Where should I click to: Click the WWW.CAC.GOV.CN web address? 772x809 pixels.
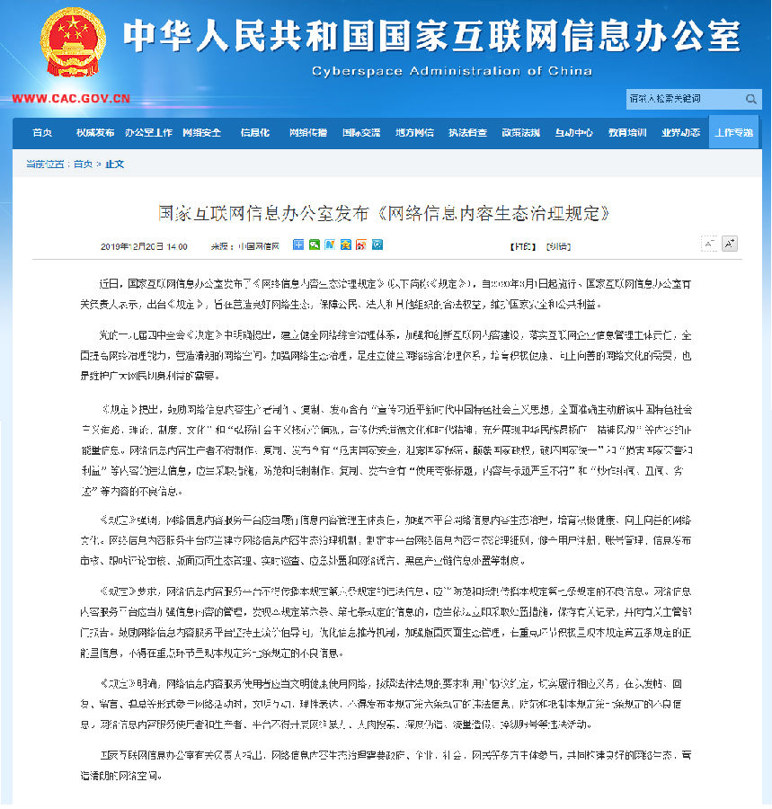click(x=71, y=99)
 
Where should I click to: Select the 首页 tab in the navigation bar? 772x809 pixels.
click(x=42, y=133)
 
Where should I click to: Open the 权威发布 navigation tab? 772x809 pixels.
click(x=95, y=133)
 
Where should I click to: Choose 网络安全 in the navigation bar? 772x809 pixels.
click(x=201, y=133)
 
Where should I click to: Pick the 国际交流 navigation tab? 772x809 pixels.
click(x=360, y=133)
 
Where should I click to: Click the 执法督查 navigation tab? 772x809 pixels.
click(x=467, y=133)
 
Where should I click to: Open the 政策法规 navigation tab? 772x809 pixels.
click(x=520, y=133)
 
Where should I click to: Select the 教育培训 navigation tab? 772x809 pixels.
click(x=626, y=133)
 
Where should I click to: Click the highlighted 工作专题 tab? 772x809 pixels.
click(x=733, y=133)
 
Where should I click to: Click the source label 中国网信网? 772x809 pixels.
click(x=257, y=245)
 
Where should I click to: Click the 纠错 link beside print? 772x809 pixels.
click(x=558, y=245)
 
